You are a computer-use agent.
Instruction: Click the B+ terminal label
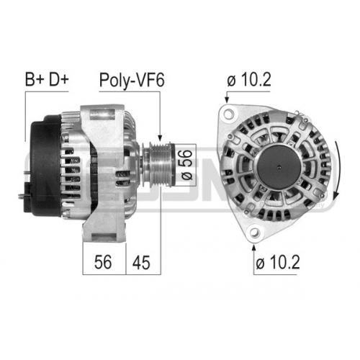pyautogui.click(x=35, y=80)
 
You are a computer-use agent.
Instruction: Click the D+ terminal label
pyautogui.click(x=59, y=80)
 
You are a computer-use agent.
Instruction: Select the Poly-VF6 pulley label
pyautogui.click(x=132, y=81)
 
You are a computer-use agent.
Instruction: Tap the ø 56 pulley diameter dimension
pyautogui.click(x=186, y=165)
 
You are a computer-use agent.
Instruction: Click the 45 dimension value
pyautogui.click(x=141, y=262)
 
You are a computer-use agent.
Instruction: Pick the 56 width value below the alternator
pyautogui.click(x=103, y=262)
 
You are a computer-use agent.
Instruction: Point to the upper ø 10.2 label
pyautogui.click(x=249, y=80)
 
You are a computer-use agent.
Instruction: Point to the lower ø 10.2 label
pyautogui.click(x=278, y=263)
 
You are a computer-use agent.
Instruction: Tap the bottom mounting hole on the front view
pyautogui.click(x=254, y=231)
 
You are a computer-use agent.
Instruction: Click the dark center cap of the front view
pyautogui.click(x=279, y=167)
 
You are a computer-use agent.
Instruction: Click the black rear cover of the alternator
pyautogui.click(x=47, y=166)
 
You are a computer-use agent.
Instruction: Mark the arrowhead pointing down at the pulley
pyautogui.click(x=160, y=139)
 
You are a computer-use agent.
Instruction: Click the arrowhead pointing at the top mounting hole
pyautogui.click(x=226, y=99)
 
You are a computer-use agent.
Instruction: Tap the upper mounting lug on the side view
pyautogui.click(x=102, y=114)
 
